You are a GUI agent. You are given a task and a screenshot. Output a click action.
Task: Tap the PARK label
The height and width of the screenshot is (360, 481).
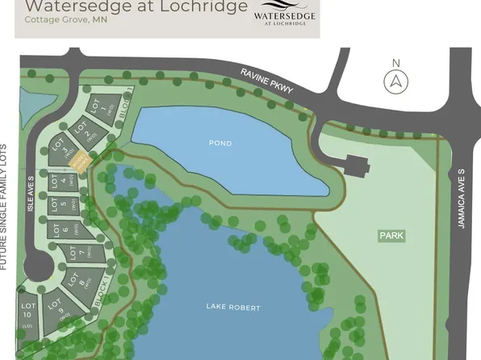coord(391,236)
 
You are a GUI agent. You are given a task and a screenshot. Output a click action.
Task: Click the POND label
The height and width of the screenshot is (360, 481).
coord(220,144)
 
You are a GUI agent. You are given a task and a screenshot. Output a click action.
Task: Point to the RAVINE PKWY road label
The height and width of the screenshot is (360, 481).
coord(267,83)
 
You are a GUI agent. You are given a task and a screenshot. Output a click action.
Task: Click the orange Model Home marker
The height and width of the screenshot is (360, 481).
coord(79,161)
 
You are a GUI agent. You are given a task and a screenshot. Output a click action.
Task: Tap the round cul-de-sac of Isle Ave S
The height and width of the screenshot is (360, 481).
coord(38,265)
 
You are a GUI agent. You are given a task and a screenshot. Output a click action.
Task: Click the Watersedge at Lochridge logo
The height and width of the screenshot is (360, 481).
coord(285,15)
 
